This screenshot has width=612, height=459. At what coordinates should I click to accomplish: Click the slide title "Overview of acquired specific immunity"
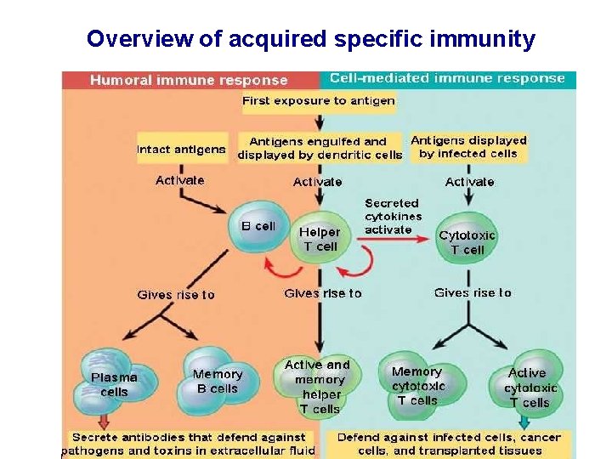(x=311, y=39)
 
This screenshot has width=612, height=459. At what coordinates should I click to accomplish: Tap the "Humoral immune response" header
(x=189, y=80)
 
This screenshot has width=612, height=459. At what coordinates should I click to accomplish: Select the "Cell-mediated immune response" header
(x=447, y=78)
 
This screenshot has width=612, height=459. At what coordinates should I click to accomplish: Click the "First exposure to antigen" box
(x=319, y=100)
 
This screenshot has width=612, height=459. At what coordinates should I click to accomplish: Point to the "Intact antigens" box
(x=181, y=149)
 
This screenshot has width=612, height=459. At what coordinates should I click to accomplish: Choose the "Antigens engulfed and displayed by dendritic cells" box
(x=320, y=148)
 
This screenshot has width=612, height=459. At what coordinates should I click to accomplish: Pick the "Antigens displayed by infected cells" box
(x=468, y=147)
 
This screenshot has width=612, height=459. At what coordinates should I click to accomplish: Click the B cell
(x=259, y=227)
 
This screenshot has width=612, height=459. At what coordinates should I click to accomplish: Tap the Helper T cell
(x=320, y=238)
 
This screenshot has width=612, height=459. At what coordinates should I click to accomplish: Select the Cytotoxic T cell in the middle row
(x=467, y=241)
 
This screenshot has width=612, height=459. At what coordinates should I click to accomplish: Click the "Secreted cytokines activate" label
(x=392, y=216)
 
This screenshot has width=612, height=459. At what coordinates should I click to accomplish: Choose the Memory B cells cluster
(x=217, y=381)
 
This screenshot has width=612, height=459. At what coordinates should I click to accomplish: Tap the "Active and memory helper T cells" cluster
(x=319, y=386)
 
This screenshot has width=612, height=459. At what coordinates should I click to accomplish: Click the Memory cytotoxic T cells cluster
(x=417, y=385)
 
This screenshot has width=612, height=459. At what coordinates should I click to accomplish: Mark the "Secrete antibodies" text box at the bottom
(x=189, y=444)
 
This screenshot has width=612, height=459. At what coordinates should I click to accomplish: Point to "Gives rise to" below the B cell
(x=176, y=295)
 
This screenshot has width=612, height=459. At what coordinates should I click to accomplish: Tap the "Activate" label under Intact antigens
(x=180, y=180)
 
